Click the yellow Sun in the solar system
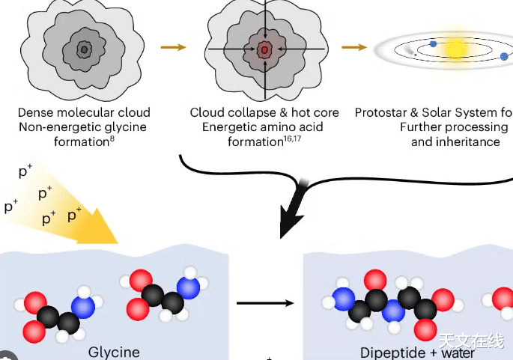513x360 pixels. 455,49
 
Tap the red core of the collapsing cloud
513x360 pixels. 264,49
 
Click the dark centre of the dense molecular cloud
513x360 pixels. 85,49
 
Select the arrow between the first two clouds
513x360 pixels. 173,48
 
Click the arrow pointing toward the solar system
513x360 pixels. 353,48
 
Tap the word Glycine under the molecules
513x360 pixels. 114,352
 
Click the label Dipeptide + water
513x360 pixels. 417,353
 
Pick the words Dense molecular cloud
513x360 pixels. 84,112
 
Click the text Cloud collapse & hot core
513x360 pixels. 264,112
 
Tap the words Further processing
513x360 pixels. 453,126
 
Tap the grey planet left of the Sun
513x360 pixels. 413,52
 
